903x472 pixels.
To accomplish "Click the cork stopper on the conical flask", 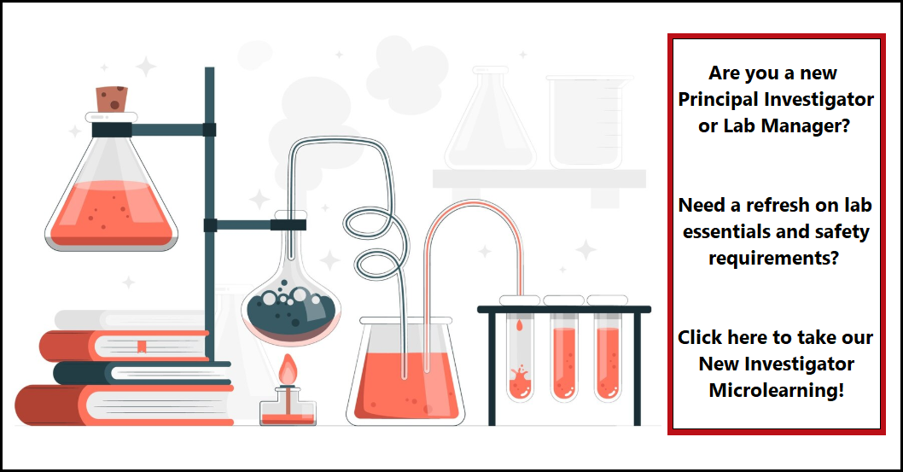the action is [112, 99].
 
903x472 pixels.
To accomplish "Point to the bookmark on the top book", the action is [141, 347].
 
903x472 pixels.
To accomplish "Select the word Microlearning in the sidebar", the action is [777, 390].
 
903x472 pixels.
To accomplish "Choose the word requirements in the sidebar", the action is [773, 258].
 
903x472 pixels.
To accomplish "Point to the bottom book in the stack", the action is [124, 405].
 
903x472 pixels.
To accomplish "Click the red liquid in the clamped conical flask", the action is [111, 213].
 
